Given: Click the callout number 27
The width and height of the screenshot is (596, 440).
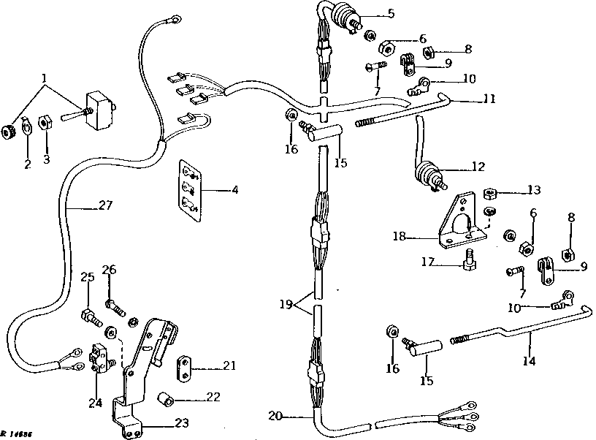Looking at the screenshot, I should [x=106, y=207].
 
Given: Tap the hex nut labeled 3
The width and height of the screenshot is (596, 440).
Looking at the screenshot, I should [x=43, y=121].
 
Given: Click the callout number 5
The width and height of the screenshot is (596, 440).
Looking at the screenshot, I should [x=391, y=13].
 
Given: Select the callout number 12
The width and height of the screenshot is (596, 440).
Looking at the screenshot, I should [x=478, y=167].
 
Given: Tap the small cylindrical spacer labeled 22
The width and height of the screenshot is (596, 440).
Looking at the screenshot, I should [x=168, y=399].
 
